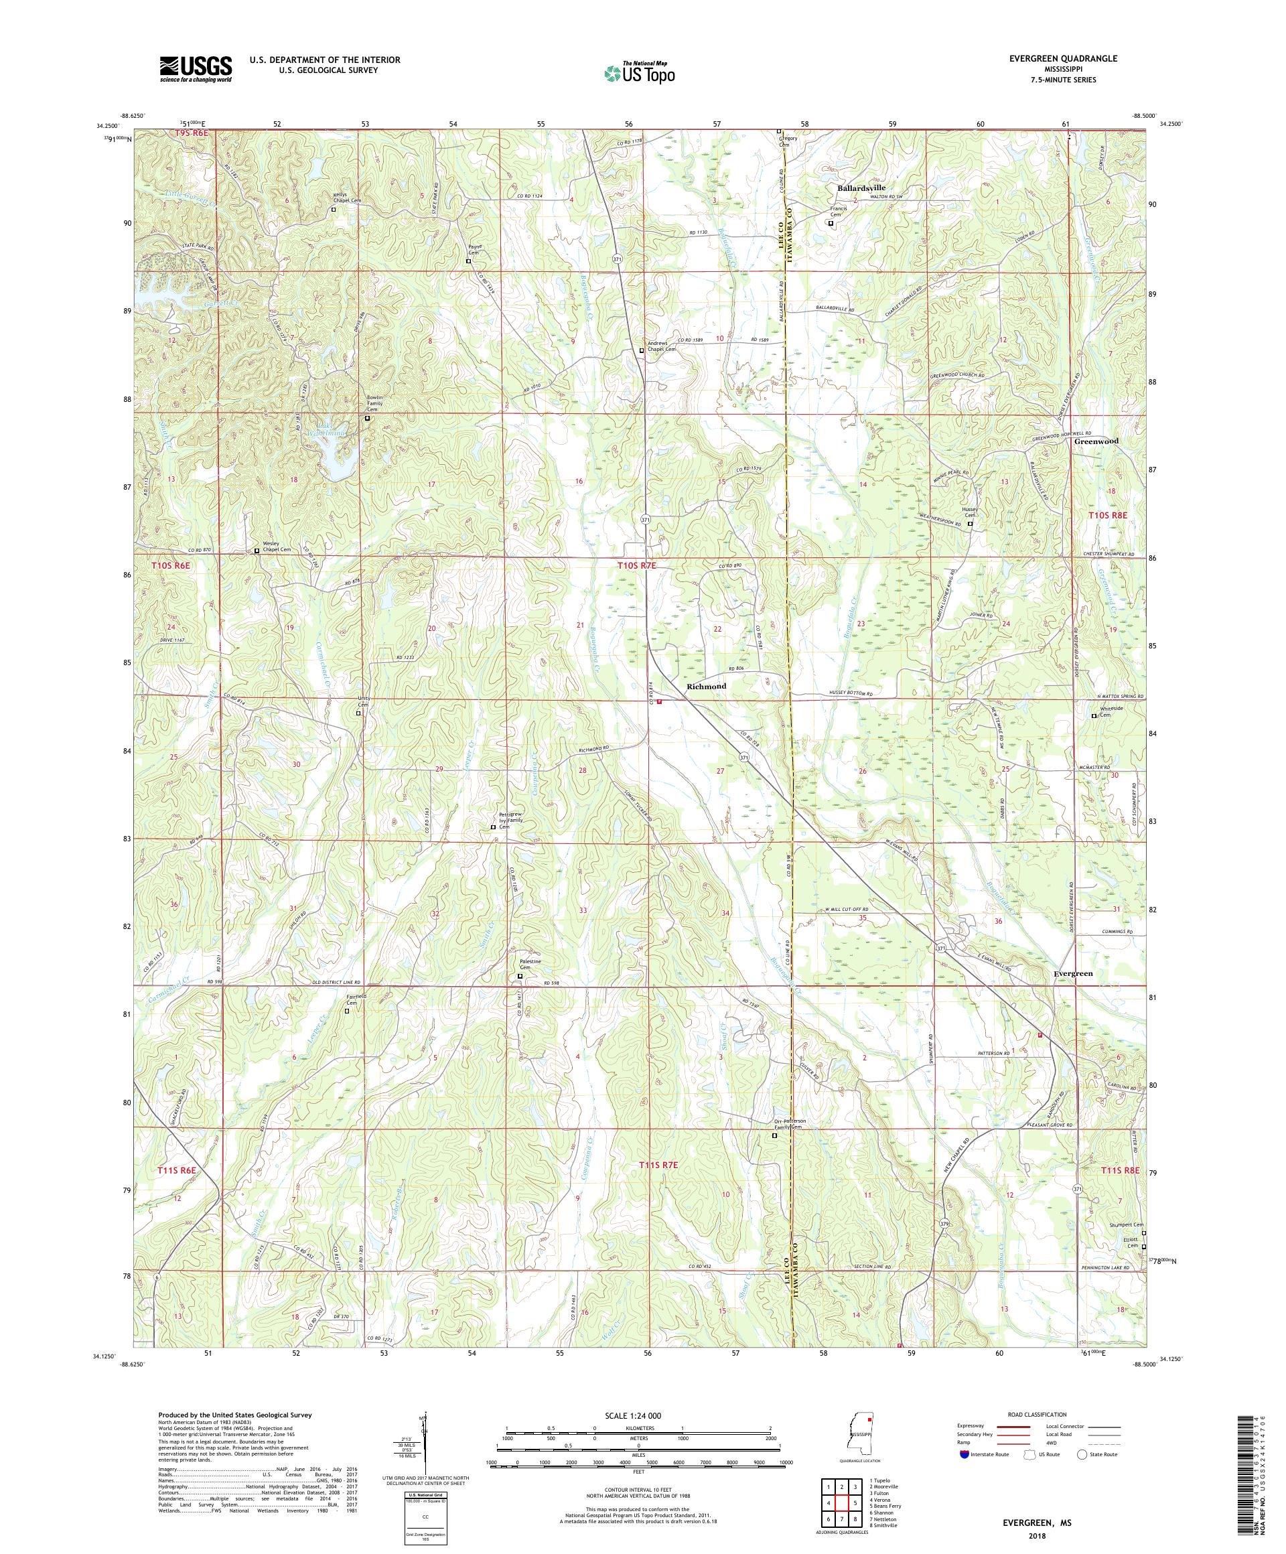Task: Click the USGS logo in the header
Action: [196, 70]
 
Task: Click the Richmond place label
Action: [706, 686]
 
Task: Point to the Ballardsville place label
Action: [861, 188]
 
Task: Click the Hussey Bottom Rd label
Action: [849, 695]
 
